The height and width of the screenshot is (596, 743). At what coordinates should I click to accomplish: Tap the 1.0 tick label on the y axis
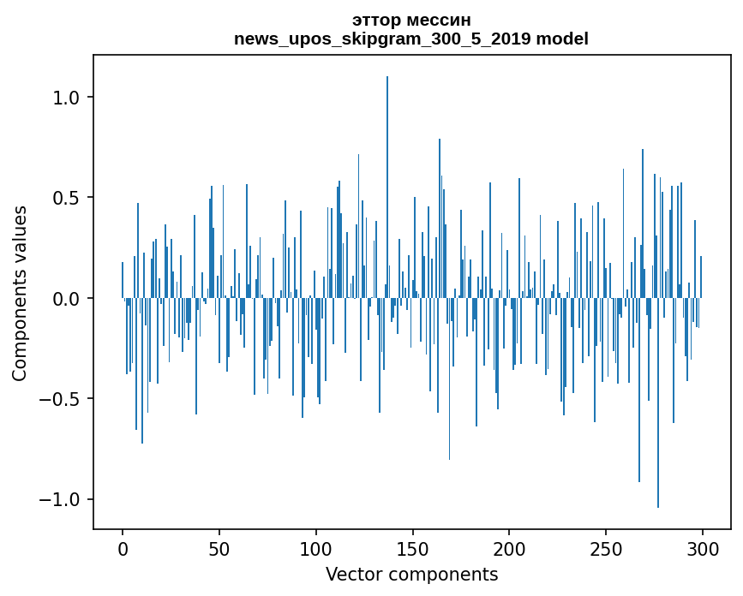click(67, 98)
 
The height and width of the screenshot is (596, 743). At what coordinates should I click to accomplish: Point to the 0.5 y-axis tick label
click(67, 198)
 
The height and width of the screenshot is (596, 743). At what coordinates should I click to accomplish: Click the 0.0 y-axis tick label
click(67, 299)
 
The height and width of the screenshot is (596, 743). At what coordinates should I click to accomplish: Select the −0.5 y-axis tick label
click(62, 399)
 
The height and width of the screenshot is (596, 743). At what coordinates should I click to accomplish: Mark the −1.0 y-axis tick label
click(62, 499)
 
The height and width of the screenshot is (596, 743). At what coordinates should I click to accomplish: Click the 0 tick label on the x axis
click(123, 548)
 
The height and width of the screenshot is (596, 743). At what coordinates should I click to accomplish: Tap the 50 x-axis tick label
click(219, 548)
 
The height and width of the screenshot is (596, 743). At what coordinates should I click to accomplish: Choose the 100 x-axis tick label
click(316, 548)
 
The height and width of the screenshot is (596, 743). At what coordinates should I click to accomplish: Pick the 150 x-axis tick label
click(412, 548)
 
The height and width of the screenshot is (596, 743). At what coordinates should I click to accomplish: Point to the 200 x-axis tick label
click(509, 548)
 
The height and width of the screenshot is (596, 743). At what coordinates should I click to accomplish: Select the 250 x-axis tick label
click(606, 548)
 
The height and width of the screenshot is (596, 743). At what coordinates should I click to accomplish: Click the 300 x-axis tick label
click(703, 548)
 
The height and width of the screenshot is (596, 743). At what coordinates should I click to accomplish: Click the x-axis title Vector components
click(411, 574)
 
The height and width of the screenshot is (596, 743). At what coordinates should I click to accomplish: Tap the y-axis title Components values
click(20, 293)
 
